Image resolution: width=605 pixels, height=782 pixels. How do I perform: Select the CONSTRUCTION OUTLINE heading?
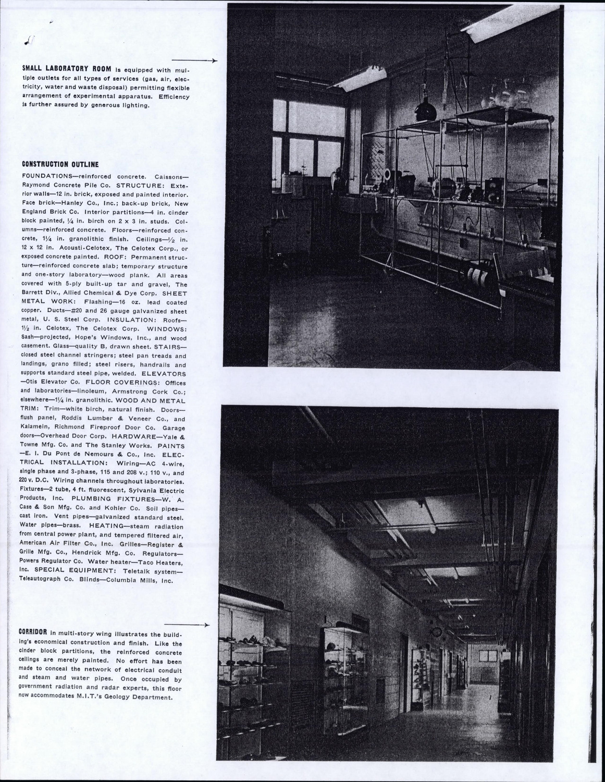pos(60,164)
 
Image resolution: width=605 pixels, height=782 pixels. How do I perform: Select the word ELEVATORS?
pos(164,374)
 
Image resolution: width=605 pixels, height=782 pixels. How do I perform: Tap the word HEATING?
pos(105,526)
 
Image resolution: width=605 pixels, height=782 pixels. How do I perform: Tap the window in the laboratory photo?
pos(309,141)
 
